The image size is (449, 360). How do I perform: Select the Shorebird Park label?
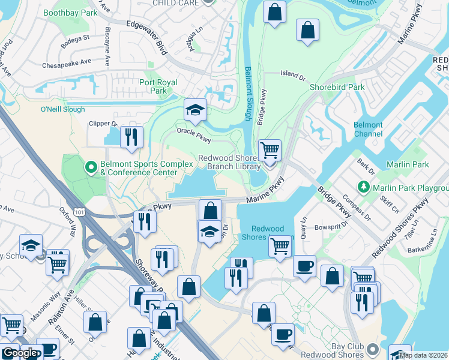(337, 87)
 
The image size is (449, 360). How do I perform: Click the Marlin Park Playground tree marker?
(363, 187)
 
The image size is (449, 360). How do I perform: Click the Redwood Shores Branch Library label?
(230, 162)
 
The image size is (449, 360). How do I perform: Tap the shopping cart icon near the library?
(270, 149)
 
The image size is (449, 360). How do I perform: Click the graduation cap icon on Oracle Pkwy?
(194, 110)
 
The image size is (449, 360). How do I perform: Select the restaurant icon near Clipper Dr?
(131, 137)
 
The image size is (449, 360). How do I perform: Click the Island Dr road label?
(294, 74)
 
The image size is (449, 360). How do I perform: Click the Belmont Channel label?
(368, 129)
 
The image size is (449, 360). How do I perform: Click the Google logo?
(19, 353)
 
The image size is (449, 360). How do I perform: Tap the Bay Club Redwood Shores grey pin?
(373, 348)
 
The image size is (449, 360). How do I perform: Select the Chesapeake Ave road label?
(66, 62)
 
